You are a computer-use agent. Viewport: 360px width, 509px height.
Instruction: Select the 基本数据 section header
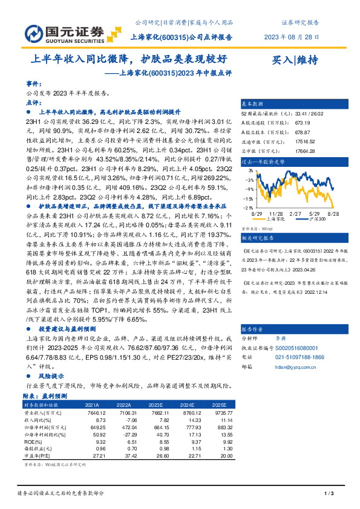tap(254, 103)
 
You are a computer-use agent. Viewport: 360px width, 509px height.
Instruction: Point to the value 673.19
tap(303, 120)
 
